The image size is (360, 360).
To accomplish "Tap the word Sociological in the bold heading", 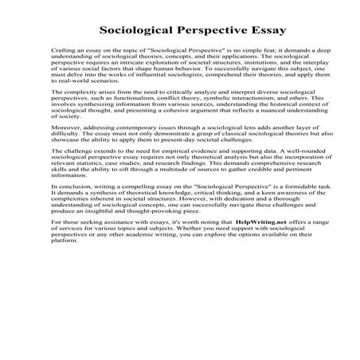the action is tap(138, 32).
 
